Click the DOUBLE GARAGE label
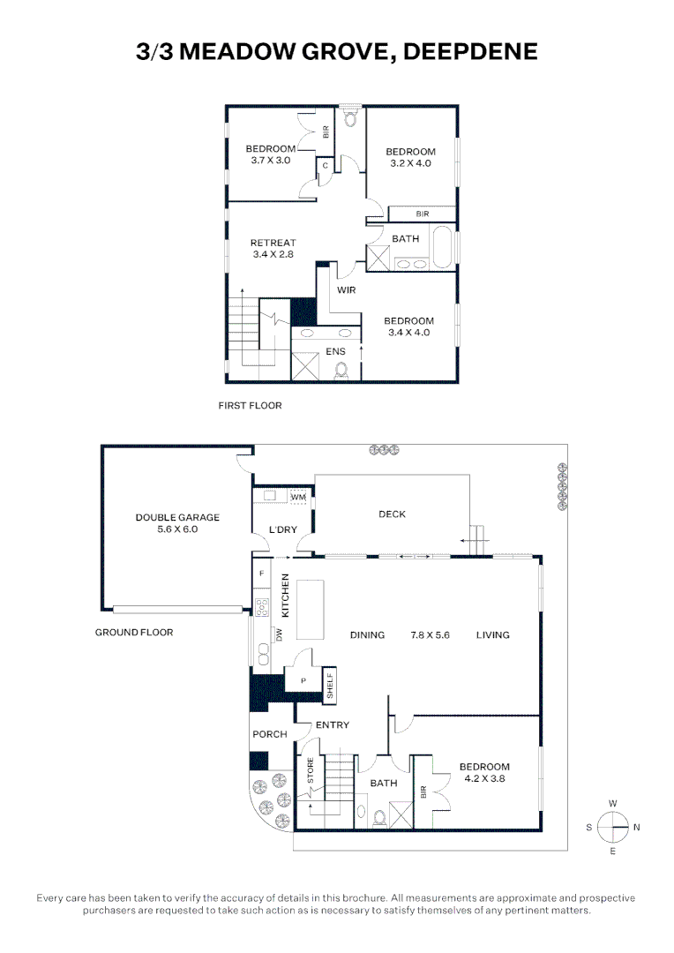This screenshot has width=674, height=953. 177,517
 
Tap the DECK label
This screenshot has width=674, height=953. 392,514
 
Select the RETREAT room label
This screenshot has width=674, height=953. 273,243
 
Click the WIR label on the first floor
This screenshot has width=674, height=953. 347,290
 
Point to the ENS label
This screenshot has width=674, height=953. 335,351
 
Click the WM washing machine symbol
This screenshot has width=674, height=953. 298,497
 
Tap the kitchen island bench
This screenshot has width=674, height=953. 310,610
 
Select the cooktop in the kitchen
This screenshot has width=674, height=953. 262,608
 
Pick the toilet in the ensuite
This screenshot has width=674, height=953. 341,370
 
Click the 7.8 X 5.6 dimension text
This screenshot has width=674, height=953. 431,635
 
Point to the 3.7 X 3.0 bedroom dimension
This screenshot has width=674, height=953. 271,161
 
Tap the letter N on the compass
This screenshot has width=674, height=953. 636,827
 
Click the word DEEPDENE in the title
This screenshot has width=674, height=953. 470,52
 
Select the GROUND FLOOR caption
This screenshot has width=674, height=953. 134,633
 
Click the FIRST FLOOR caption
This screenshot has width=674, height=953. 251,405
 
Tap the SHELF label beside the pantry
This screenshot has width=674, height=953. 330,685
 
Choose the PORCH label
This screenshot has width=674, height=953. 270,734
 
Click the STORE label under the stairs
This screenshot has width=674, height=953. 311,770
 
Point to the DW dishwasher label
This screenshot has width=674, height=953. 280,634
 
